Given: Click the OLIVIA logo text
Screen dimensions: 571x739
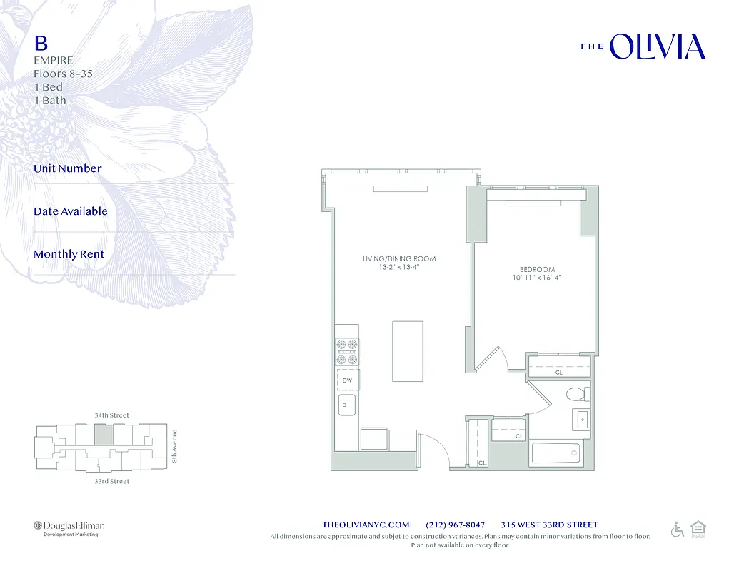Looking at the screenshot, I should click(657, 47).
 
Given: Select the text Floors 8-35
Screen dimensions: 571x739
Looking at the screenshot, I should click(63, 74).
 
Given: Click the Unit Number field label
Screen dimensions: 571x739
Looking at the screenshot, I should click(68, 168).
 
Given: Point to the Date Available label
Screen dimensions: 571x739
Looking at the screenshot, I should click(71, 211).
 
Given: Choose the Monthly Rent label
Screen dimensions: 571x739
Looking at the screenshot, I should click(69, 254).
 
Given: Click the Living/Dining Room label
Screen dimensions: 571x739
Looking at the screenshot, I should click(399, 258).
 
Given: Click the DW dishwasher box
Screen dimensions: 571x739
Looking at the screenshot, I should click(348, 380).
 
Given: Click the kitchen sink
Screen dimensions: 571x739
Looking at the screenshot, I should click(347, 406).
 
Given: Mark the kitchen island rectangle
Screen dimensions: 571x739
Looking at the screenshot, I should click(408, 351).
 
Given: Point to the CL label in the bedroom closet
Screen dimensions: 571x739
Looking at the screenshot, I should click(558, 373).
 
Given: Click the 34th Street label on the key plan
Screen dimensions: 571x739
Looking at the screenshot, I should click(112, 415).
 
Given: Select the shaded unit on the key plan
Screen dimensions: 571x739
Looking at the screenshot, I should click(104, 435).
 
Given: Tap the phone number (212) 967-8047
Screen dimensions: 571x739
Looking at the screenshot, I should click(455, 525).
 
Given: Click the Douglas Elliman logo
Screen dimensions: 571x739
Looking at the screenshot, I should click(69, 526).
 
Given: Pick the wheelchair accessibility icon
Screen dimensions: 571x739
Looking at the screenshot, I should click(677, 530).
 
